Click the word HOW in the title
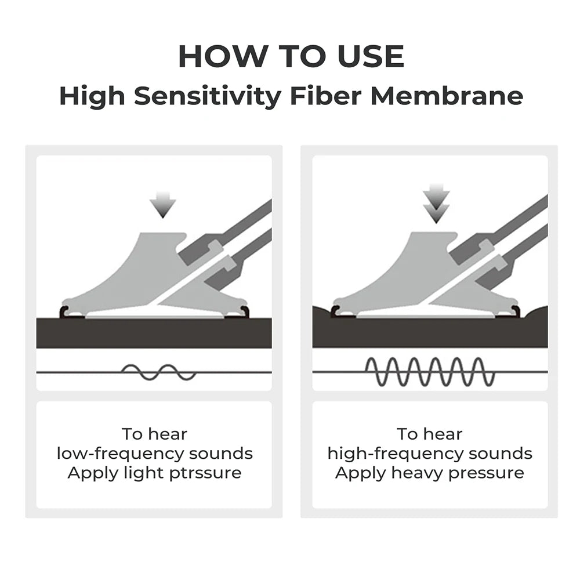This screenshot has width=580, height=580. (x=222, y=57)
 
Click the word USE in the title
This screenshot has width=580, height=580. (x=371, y=57)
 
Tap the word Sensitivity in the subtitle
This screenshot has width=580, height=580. (x=208, y=96)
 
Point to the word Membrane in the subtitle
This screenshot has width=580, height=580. (x=447, y=96)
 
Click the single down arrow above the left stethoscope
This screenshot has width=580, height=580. (x=163, y=205)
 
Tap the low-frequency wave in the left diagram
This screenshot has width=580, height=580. (x=159, y=372)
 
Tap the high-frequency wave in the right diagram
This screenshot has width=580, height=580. (x=430, y=372)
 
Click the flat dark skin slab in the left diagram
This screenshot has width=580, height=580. (x=154, y=332)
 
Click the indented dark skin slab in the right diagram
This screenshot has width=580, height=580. (x=430, y=332)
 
